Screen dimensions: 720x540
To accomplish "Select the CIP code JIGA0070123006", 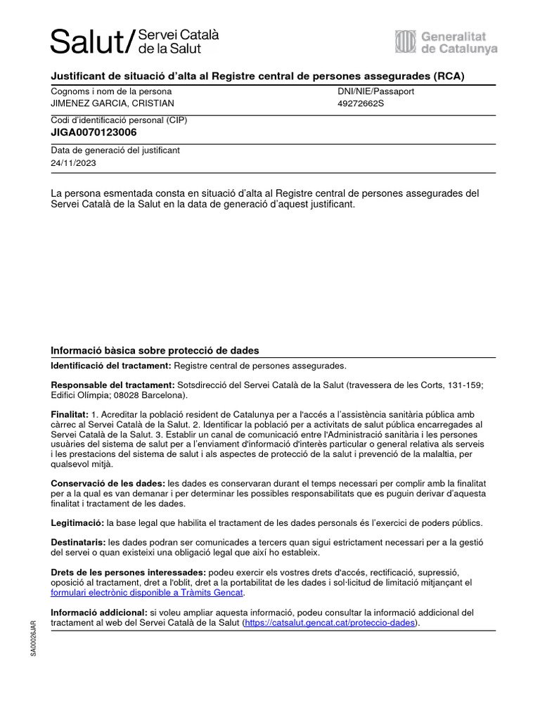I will click(94, 132).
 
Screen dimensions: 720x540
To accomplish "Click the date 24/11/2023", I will click(74, 162).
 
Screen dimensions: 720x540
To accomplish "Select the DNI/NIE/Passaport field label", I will click(375, 91).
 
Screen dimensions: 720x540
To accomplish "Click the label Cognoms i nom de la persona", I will click(111, 91).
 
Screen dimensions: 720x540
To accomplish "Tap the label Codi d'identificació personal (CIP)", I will click(119, 120).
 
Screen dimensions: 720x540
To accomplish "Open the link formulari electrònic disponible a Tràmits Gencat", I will click(146, 593).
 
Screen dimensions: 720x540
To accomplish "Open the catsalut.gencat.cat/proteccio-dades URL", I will click(330, 623).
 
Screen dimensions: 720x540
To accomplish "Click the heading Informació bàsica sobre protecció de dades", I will click(155, 350).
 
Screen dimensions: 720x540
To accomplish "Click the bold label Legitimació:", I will click(77, 523).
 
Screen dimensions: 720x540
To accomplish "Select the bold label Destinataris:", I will click(78, 542).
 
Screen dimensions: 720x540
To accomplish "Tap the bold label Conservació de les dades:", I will click(108, 484).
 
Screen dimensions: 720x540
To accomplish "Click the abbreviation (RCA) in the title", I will click(449, 76).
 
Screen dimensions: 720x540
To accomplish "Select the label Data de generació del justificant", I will click(115, 150).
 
